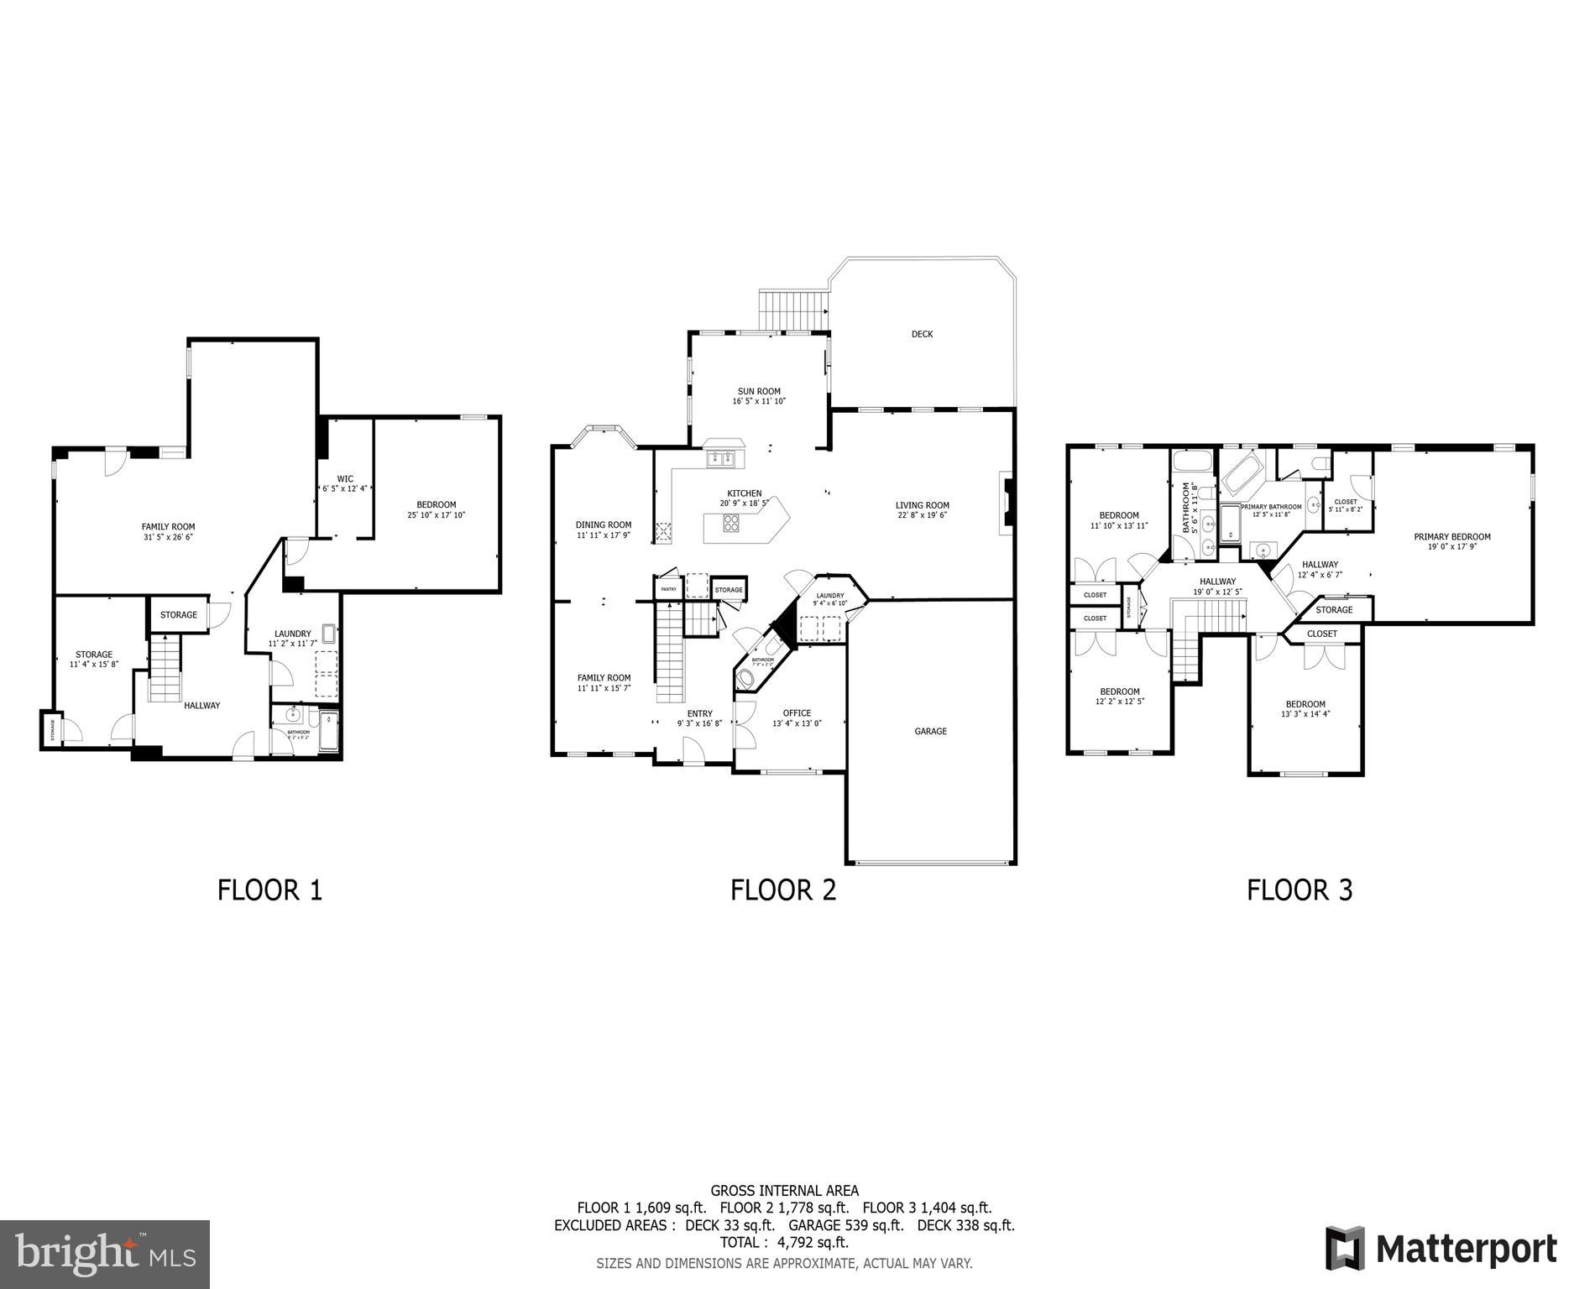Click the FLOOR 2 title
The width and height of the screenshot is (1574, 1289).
[x=783, y=890]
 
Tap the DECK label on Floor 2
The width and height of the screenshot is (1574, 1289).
[x=922, y=334]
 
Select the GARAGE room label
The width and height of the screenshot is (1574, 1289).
[x=930, y=732]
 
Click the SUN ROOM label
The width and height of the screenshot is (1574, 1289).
[x=759, y=391]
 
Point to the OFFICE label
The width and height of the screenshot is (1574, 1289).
[x=797, y=713]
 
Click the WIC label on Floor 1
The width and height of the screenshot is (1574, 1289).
[x=345, y=479]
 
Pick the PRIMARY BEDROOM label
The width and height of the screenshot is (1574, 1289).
[x=1451, y=537]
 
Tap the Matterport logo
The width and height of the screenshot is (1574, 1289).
[x=1441, y=1250]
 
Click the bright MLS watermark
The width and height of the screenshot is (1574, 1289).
[x=105, y=1254]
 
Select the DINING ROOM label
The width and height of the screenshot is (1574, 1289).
[x=603, y=525]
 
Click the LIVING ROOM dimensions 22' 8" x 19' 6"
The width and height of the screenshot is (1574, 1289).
[x=922, y=515]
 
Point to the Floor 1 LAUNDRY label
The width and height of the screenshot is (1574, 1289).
[x=292, y=634]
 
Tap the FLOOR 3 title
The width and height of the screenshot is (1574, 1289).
[x=1299, y=890]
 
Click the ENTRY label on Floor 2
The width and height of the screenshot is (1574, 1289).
[x=699, y=714]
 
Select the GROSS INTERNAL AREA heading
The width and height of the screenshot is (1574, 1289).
[x=784, y=1190]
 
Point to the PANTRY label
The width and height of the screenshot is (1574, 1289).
[x=668, y=589]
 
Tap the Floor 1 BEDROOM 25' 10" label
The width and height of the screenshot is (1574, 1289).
[x=436, y=504]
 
